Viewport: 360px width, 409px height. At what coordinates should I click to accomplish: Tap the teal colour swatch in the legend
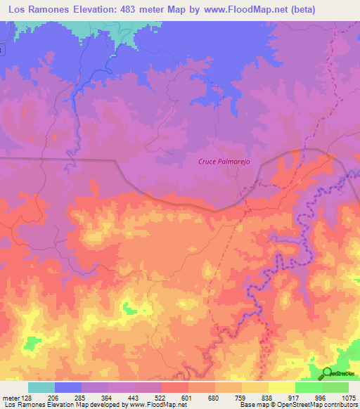[41, 387]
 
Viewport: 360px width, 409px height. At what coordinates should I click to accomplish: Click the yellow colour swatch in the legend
[281, 387]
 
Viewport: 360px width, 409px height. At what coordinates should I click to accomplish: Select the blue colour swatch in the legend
[67, 387]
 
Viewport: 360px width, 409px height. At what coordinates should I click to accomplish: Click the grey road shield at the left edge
[2, 50]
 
